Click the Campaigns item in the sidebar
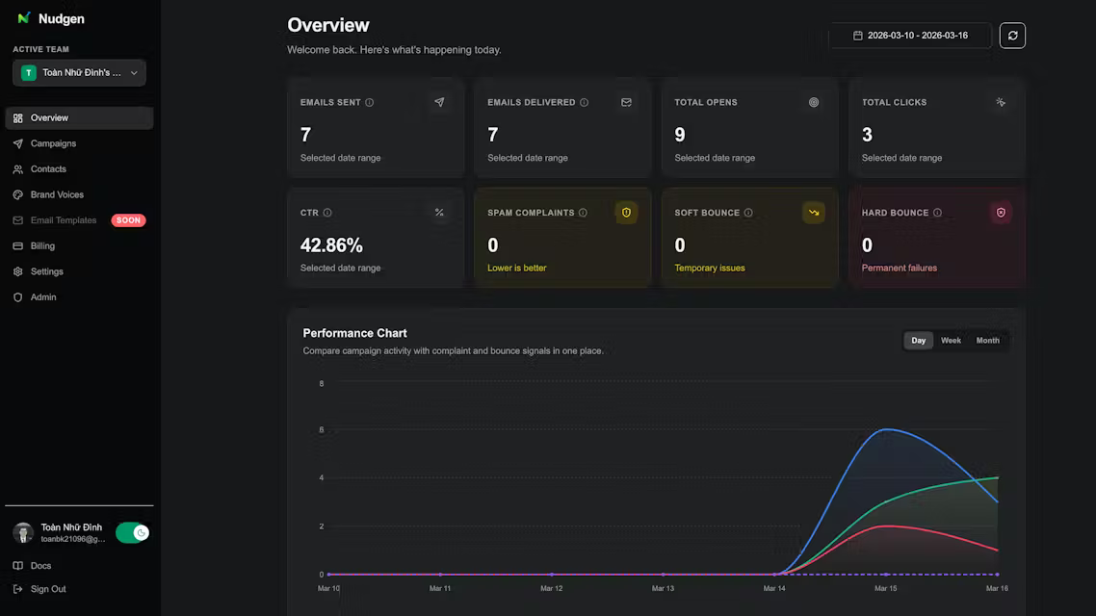click(x=53, y=143)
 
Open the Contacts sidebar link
click(x=48, y=169)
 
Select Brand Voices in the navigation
click(x=57, y=194)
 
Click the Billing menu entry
click(x=42, y=246)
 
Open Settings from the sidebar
click(x=46, y=271)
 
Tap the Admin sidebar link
click(x=43, y=297)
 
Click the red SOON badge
click(x=128, y=220)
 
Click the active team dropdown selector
click(x=79, y=73)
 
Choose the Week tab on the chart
click(x=951, y=341)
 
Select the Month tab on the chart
click(x=987, y=341)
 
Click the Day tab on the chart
click(x=918, y=341)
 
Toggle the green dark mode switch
click(x=132, y=533)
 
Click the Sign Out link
click(x=48, y=589)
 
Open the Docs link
click(x=40, y=566)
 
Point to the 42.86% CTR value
click(x=331, y=245)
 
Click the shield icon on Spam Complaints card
click(x=626, y=213)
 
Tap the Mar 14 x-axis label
click(x=774, y=588)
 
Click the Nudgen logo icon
click(x=24, y=18)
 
